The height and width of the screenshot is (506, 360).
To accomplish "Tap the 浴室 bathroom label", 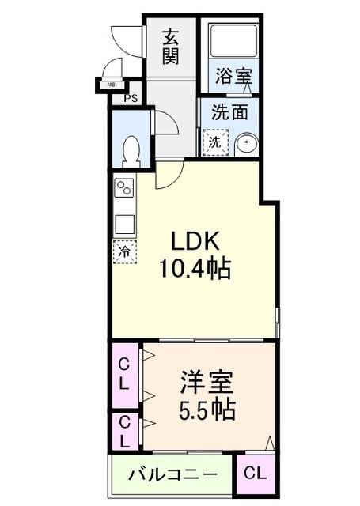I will pyautogui.click(x=233, y=77).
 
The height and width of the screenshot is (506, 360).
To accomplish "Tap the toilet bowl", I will pyautogui.click(x=132, y=149).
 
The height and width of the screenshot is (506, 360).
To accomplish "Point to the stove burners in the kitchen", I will pyautogui.click(x=124, y=190).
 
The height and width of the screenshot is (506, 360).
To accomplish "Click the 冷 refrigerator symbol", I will pyautogui.click(x=123, y=252).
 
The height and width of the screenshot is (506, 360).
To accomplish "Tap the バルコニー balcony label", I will pyautogui.click(x=172, y=475).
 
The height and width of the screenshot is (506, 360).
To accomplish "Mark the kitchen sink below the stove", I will pyautogui.click(x=124, y=223).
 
